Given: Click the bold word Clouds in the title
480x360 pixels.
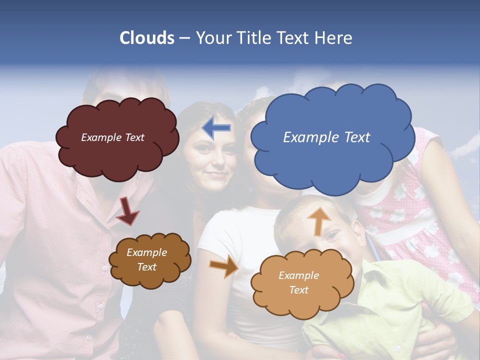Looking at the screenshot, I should click(x=146, y=38).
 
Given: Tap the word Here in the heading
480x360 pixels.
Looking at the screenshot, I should click(x=335, y=38).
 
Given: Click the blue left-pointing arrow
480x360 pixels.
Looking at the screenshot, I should click(x=216, y=128).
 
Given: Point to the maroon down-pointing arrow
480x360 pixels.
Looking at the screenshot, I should click(x=127, y=210).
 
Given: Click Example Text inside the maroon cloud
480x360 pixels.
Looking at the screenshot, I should click(x=112, y=137).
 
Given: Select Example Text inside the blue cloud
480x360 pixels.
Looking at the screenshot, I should click(x=326, y=137).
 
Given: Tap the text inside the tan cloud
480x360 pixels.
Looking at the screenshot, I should click(x=298, y=282).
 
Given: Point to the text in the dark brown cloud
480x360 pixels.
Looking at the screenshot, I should click(x=146, y=260).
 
